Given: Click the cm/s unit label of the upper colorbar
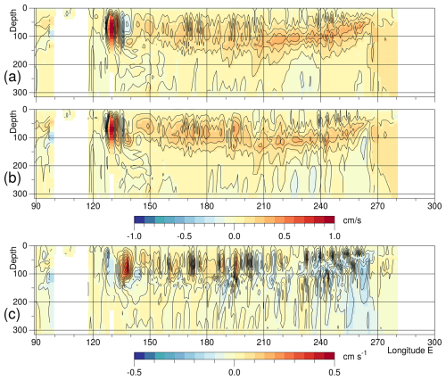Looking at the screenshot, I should [x=354, y=220].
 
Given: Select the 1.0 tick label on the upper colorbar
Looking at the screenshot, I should [x=334, y=235].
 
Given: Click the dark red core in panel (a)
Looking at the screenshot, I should [x=111, y=28].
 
